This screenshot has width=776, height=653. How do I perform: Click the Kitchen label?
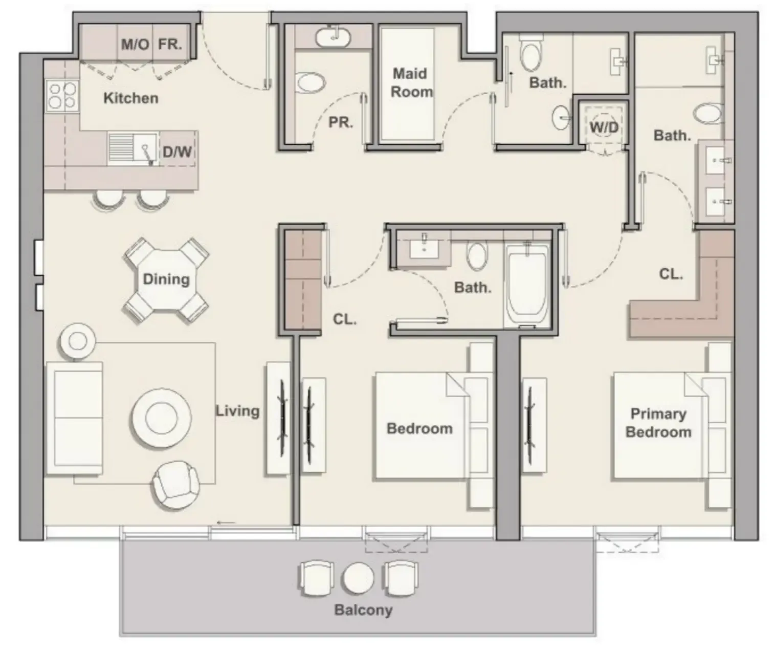pos(130,98)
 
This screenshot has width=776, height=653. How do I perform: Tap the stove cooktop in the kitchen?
pos(61,96)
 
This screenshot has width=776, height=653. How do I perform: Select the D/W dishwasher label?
pos(177,151)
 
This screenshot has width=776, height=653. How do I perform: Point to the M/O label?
pos(135,45)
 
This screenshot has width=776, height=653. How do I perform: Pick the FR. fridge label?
pos(170,45)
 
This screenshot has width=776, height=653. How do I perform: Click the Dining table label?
pos(166,279)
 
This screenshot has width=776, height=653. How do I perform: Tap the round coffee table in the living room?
pos(161,417)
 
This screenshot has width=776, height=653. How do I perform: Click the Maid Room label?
pos(411,83)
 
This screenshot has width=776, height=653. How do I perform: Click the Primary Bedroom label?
pos(658,423)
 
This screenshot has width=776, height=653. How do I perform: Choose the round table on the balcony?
pos(358,577)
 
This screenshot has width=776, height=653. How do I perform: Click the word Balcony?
pos(363,610)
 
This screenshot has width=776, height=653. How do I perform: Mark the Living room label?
pos(237,411)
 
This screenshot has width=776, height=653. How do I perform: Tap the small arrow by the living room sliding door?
pos(226,523)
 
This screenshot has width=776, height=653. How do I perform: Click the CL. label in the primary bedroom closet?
pos(671,274)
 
